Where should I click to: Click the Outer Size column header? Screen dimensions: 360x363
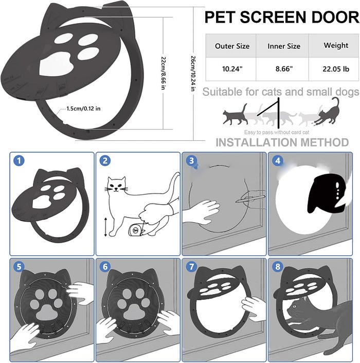(232, 46)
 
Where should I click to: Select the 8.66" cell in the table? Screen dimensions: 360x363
(284, 69)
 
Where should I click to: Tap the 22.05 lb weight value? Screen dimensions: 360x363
(336, 69)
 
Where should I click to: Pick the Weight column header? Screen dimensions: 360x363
(336, 45)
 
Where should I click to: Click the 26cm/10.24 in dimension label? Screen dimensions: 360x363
(193, 74)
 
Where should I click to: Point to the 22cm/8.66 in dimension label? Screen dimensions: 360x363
(163, 73)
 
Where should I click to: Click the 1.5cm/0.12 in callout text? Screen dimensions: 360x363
(83, 108)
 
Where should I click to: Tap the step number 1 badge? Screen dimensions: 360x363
(19, 160)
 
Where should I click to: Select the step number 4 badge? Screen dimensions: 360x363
(278, 160)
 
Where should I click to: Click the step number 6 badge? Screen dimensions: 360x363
(105, 267)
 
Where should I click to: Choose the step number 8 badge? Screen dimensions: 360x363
(278, 267)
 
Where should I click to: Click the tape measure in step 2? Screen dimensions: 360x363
(135, 230)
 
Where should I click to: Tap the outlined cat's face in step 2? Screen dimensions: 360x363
(116, 185)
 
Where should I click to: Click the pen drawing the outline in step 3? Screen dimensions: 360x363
(250, 199)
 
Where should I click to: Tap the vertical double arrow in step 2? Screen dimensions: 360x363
(105, 227)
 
